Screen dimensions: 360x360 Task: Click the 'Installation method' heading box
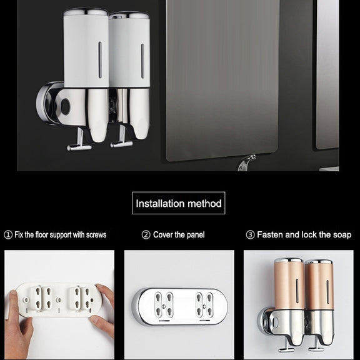tap(179, 203)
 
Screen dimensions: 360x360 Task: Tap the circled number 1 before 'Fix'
tap(8, 235)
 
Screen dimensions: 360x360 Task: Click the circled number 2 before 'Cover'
tap(146, 235)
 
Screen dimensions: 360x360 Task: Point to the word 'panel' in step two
tap(196, 235)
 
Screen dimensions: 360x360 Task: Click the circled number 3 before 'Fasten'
tap(250, 235)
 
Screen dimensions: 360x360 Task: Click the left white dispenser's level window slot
tap(100, 60)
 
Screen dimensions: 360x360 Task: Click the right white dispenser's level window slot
tap(142, 61)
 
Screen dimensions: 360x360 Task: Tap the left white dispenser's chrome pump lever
tap(79, 141)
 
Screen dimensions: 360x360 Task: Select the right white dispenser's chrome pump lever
tap(121, 137)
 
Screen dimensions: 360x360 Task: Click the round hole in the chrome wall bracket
tap(66, 106)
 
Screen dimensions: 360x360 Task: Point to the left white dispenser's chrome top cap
tap(86, 12)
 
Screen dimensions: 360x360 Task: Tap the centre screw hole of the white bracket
tap(59, 300)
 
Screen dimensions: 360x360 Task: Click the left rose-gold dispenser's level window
tap(297, 291)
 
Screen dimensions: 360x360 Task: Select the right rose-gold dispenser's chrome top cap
tap(319, 262)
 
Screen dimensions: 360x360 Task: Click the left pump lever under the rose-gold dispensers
tap(286, 346)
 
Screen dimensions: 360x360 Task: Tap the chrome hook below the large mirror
tap(246, 162)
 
